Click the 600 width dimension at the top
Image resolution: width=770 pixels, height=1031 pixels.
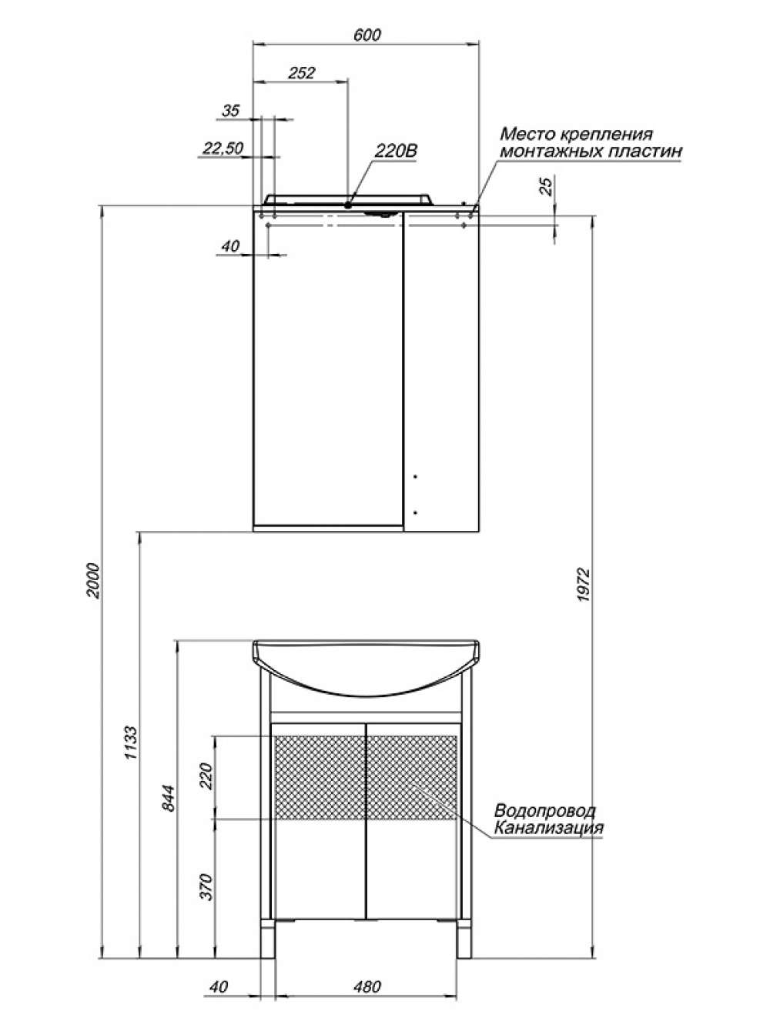coord(367,35)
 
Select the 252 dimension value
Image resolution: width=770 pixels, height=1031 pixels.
coord(301,73)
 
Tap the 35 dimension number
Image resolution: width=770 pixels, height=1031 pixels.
coord(231,111)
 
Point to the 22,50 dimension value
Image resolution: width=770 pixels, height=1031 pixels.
coord(223,148)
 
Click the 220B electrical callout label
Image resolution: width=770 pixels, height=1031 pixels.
coord(396,152)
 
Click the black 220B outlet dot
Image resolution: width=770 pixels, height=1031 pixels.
coord(348,205)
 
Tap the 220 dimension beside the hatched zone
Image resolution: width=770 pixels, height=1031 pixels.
coord(206,776)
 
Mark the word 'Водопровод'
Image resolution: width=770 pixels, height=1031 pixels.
coord(545,810)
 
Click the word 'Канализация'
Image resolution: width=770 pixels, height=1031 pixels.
coord(548,827)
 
